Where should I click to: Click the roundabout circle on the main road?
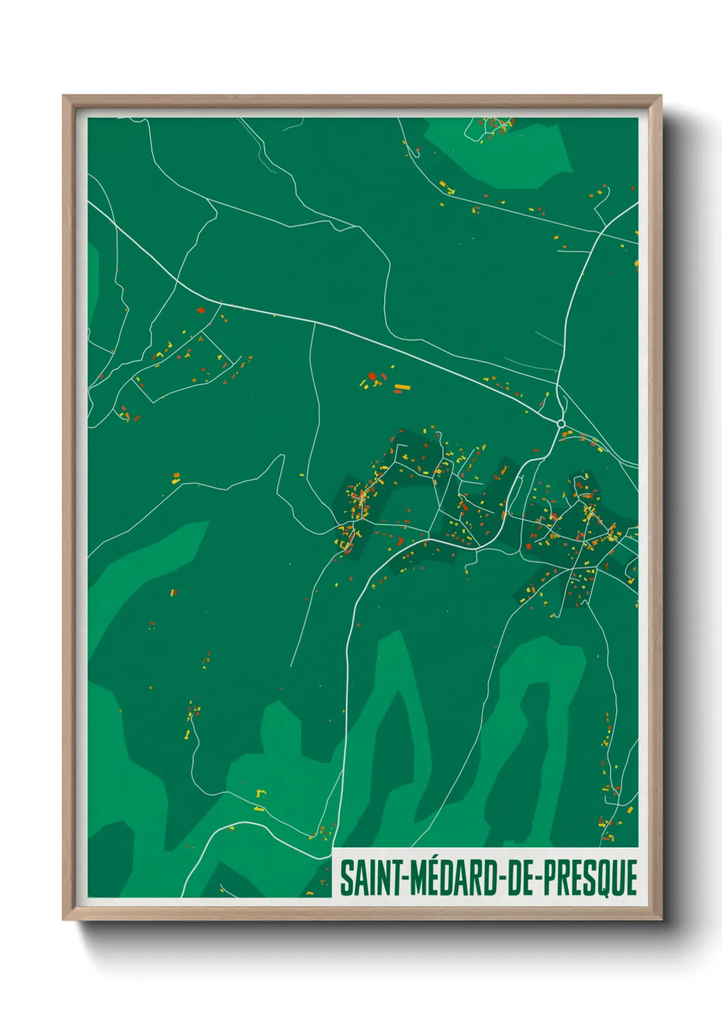pos(561,424)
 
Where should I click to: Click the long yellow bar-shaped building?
pos(402,388)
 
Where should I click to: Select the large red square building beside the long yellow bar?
pos(372,376)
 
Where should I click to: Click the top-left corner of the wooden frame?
pos(66,97)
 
